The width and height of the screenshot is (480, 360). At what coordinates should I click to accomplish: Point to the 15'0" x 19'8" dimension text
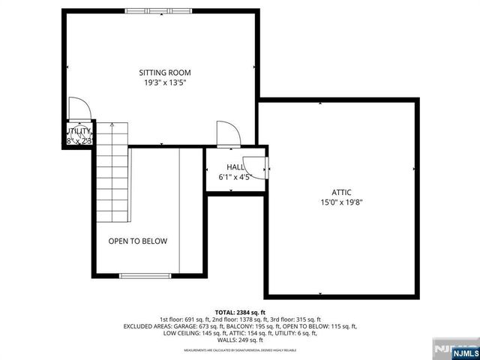[x=342, y=202]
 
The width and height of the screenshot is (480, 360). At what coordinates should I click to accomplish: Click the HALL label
[x=235, y=167]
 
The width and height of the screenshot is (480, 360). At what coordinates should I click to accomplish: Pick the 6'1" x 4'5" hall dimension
[x=235, y=178]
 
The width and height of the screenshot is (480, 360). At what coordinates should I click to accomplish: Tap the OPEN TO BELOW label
[x=137, y=241]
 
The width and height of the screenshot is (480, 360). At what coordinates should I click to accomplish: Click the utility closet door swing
[x=79, y=110]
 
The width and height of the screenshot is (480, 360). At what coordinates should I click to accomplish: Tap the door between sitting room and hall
[x=227, y=133]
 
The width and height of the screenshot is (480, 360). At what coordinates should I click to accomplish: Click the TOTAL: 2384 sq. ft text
[x=239, y=312]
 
